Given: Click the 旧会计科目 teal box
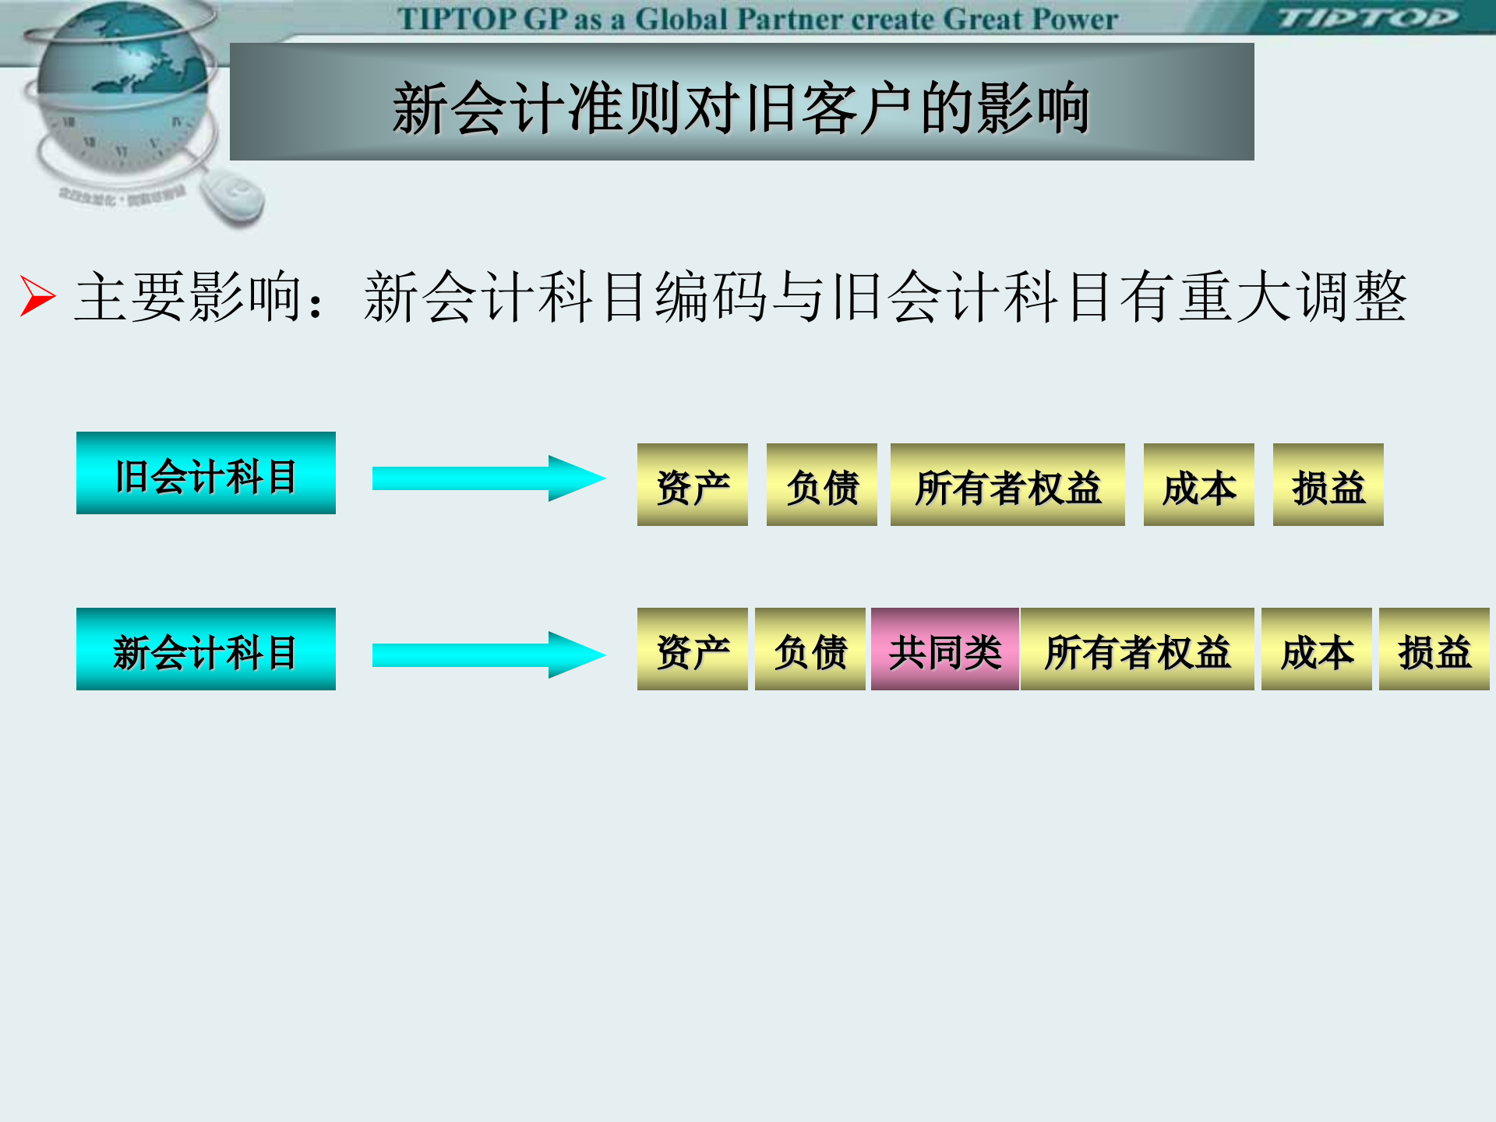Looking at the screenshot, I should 206,473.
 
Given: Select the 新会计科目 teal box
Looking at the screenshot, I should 206,649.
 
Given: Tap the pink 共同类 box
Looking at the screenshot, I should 945,649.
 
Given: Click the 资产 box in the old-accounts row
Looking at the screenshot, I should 692,485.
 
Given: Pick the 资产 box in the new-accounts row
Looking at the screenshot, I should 692,649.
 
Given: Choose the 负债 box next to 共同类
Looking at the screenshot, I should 810,649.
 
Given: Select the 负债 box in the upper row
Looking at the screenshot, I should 821,485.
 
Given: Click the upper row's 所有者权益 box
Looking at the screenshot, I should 1007,485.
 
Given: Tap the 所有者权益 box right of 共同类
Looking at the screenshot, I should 1137,649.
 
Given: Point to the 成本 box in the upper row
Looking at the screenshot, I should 1198,485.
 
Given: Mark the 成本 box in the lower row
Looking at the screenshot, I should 1316,649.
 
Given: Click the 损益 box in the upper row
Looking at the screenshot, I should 1328,485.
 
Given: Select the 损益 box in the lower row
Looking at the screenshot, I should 1434,649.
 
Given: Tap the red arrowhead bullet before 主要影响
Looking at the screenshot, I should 37,296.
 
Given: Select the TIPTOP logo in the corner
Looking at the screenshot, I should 1367,17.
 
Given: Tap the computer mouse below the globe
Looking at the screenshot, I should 234,198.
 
